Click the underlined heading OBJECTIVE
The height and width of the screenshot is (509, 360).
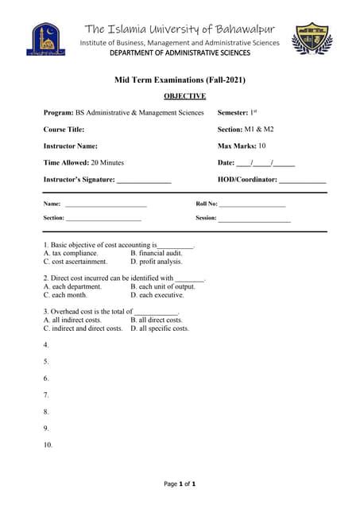pos(184,96)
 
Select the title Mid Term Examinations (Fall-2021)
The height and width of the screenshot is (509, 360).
pos(180,80)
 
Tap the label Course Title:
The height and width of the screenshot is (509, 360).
pos(64,129)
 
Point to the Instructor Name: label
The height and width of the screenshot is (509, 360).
pos(71,146)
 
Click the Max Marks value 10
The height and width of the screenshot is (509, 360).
pos(261,146)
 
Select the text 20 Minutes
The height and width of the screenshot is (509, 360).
pos(107,162)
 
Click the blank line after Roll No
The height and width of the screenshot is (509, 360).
pos(253,204)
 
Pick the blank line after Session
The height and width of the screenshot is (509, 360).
pos(254,218)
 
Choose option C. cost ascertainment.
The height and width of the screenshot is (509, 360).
pos(75,261)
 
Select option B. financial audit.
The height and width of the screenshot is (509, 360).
pos(157,253)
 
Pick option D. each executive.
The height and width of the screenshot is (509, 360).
pos(157,294)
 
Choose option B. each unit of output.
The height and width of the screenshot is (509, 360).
pos(163,286)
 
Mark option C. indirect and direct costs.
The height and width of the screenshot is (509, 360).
pos(83,328)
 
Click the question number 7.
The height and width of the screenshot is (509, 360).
pos(46,395)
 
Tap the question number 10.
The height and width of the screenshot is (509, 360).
pos(48,445)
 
